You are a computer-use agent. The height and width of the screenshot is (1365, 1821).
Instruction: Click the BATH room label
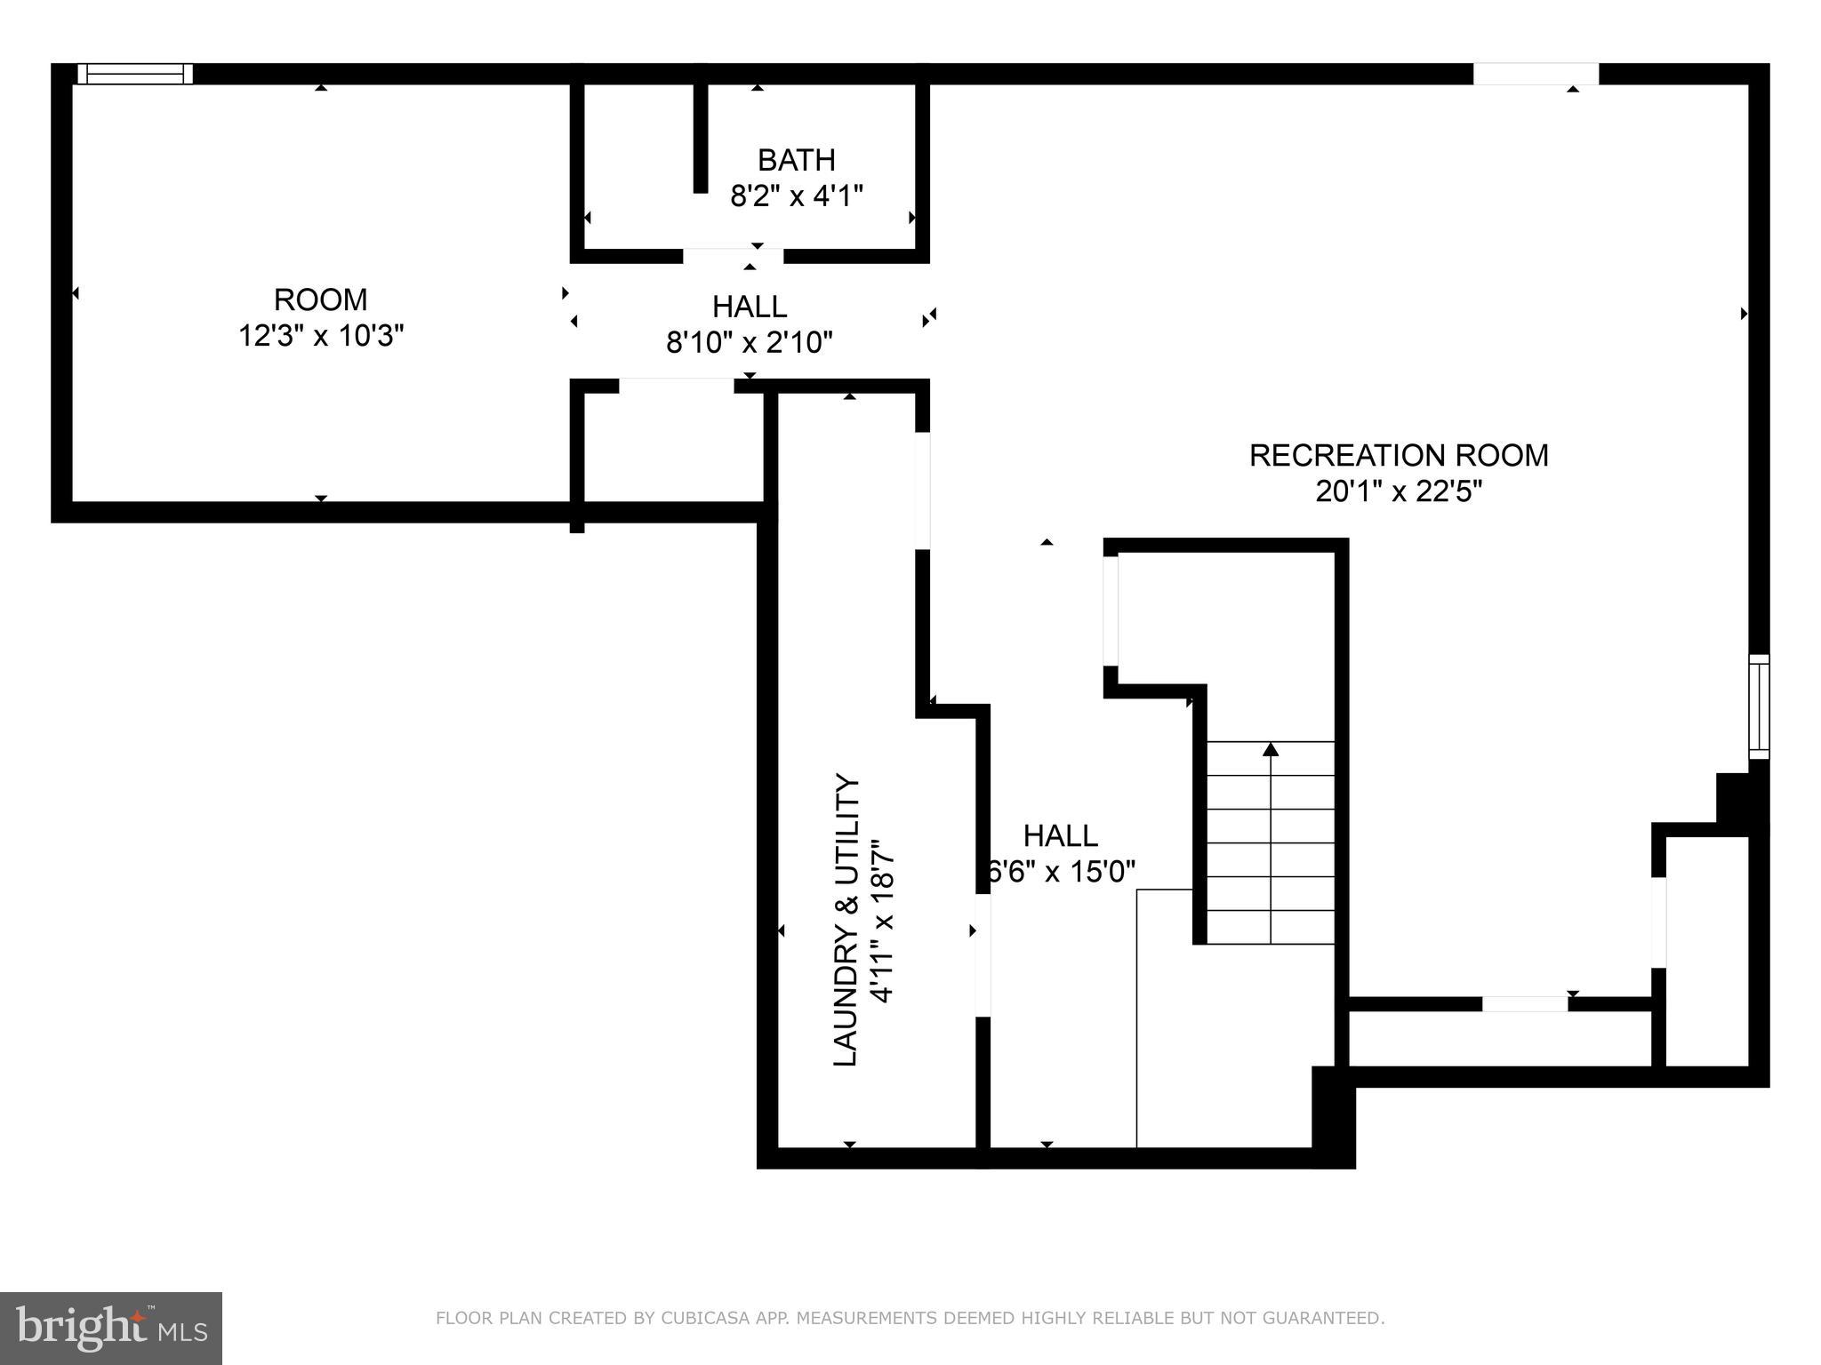pos(796,160)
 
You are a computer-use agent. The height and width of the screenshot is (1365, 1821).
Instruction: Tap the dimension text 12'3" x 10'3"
pos(321,336)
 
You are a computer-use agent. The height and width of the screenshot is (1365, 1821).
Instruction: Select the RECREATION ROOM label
pos(1398,455)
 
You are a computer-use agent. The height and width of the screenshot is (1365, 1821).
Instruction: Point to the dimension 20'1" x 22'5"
pos(1398,491)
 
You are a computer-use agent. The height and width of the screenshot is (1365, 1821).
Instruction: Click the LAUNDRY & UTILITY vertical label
pos(846,920)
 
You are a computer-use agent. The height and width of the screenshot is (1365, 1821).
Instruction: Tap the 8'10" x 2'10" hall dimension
pos(749,342)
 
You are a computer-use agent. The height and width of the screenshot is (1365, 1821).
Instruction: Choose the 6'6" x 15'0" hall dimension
pos(1062,872)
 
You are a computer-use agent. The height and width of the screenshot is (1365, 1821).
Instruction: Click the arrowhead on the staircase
pos(1271,749)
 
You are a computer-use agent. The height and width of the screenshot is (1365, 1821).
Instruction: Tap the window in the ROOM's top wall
pos(135,74)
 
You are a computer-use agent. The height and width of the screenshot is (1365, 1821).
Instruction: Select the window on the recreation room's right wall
pos(1758,706)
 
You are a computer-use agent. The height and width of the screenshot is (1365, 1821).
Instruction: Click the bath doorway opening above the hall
pos(733,256)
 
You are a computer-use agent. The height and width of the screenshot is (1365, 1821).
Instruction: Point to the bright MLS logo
pos(111,1328)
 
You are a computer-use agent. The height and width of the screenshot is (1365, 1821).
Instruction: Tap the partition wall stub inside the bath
pos(701,138)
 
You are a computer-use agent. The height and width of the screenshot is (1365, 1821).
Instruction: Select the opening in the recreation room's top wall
pos(1536,74)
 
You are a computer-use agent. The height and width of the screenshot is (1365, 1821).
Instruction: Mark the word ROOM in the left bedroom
pos(321,299)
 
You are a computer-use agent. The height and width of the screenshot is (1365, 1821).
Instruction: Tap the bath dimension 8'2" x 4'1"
pos(796,196)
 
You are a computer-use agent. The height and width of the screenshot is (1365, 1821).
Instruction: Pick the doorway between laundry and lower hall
pos(983,954)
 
